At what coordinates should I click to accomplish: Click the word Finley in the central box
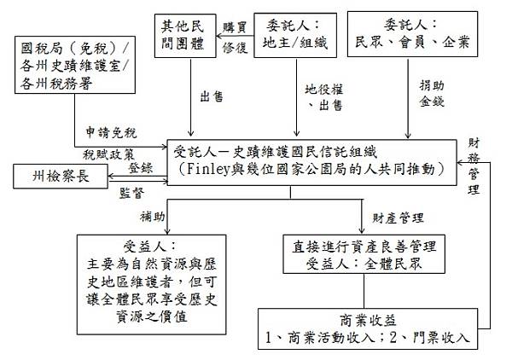click(x=224, y=168)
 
